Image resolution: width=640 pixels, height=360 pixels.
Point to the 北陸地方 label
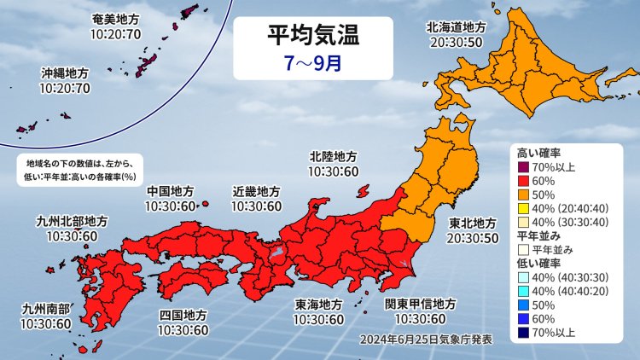pos(334,157)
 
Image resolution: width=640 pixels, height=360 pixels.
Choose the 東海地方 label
pos(320,305)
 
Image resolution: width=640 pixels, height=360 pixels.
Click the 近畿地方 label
pos(257,191)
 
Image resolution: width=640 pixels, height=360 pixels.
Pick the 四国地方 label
pos(183,315)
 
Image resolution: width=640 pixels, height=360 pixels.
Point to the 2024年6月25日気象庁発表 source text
pos(427,339)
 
